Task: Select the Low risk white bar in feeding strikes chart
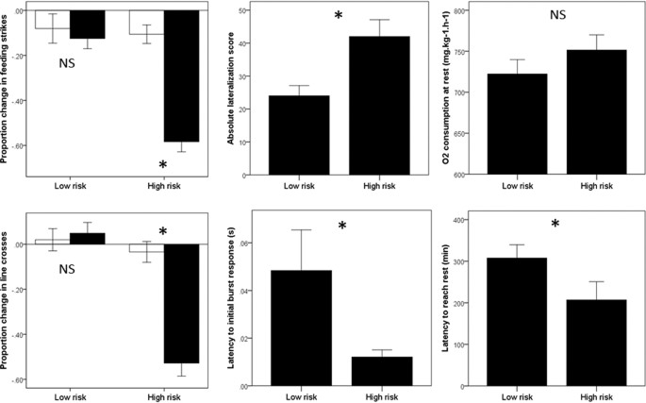(x=52, y=20)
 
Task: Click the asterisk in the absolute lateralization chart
(x=339, y=17)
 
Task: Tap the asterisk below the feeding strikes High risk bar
(x=162, y=166)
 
